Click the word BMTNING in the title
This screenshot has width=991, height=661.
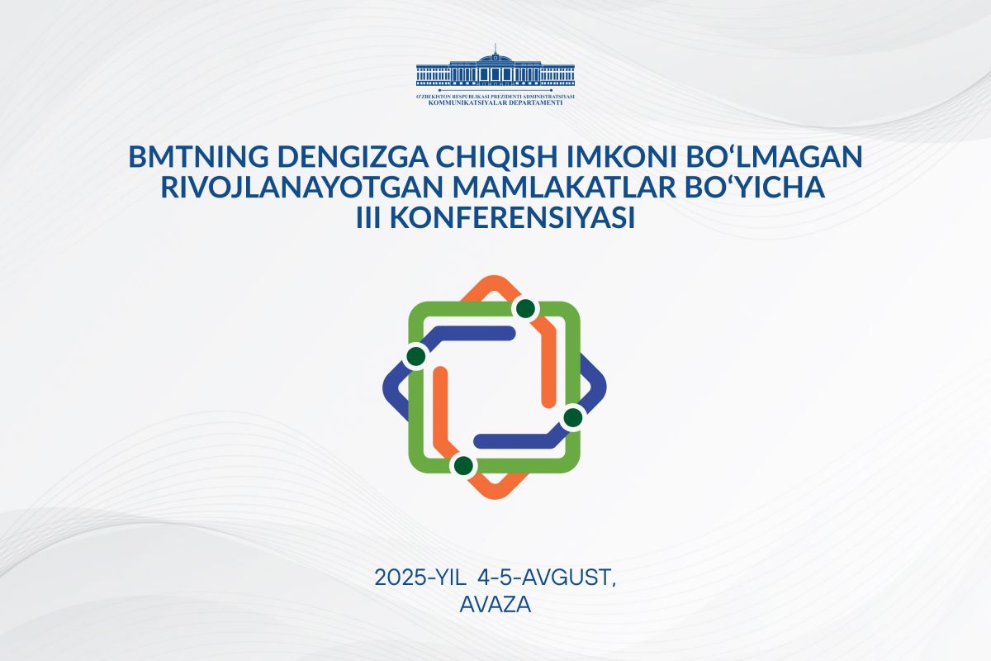(x=199, y=156)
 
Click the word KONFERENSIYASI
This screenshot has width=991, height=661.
(x=512, y=218)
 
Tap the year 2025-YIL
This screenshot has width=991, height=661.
(x=420, y=578)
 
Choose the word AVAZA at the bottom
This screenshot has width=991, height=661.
(x=495, y=604)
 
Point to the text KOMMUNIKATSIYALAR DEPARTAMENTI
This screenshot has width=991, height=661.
(x=495, y=102)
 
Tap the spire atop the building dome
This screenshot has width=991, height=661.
(x=495, y=48)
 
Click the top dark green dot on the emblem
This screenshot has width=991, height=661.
(x=525, y=308)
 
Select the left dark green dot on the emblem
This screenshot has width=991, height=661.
(x=416, y=355)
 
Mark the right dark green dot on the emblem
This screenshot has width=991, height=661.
(x=573, y=417)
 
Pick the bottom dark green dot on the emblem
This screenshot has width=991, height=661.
(x=463, y=465)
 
